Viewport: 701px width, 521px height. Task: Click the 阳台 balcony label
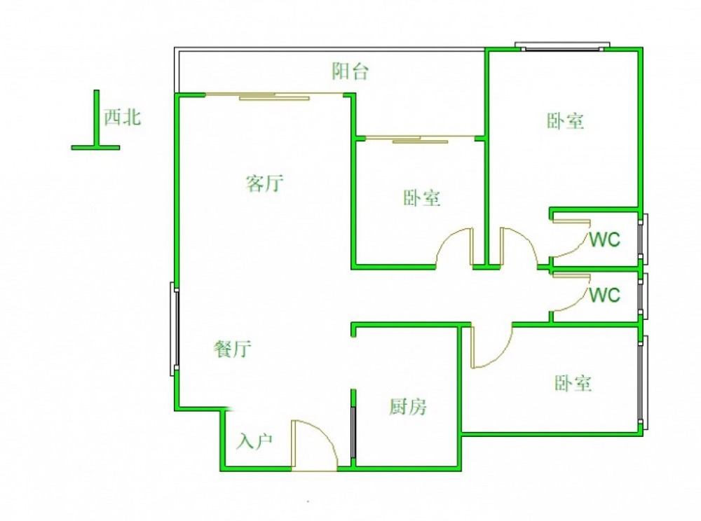[350, 71]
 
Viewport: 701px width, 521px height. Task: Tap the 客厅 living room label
[265, 183]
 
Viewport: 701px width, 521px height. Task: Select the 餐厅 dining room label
[233, 349]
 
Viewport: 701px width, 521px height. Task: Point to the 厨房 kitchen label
[408, 406]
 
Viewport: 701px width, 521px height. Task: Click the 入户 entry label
[254, 441]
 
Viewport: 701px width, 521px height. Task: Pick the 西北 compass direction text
[123, 118]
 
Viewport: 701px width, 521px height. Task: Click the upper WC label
[604, 240]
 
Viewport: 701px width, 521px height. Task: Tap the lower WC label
[604, 295]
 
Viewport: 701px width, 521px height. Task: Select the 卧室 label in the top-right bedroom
[566, 121]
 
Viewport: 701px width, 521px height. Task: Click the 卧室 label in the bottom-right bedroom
[573, 383]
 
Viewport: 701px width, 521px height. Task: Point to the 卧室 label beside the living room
[421, 197]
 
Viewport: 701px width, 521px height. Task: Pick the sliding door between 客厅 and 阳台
[275, 95]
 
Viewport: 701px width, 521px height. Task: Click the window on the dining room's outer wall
[175, 329]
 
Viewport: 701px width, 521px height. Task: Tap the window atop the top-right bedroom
[562, 46]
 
